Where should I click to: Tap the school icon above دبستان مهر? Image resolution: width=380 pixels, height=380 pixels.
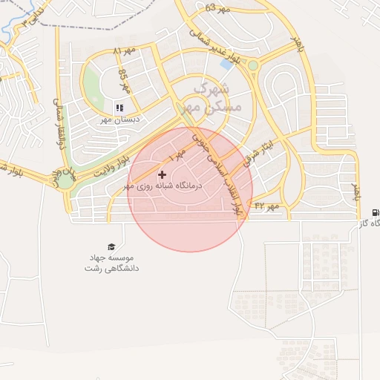119,108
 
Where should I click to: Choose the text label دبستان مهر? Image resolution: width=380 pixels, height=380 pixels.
120,119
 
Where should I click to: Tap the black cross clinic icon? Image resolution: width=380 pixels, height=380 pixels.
163,174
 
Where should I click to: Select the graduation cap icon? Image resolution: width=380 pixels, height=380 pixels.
111,246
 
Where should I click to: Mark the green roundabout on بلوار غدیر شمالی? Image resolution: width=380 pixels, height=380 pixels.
252,65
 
